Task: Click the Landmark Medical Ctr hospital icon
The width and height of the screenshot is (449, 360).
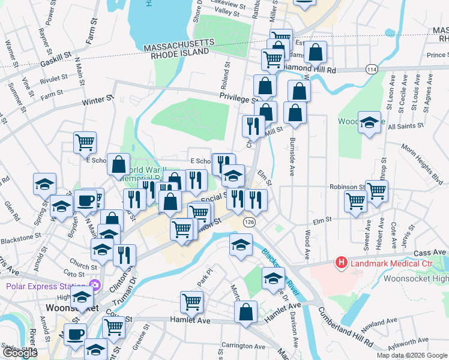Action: click(342, 262)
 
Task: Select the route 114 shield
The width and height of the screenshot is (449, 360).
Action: click(372, 69)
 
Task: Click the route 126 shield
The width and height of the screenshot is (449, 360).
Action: click(249, 223)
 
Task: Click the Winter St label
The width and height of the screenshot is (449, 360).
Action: click(98, 101)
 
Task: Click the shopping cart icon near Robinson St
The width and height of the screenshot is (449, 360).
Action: click(376, 192)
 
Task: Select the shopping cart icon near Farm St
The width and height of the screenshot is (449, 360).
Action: click(85, 143)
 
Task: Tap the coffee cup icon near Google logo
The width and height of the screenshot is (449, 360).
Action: click(76, 335)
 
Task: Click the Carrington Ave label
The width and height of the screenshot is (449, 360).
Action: click(243, 346)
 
